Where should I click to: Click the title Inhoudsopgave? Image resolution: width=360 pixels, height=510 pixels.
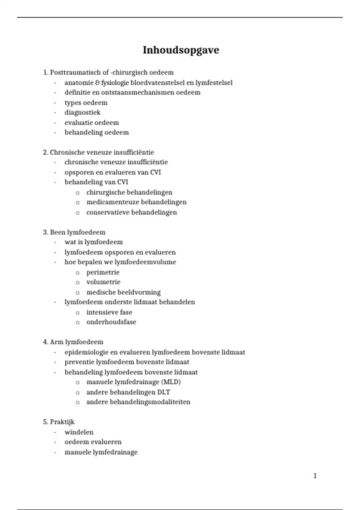pos(181,50)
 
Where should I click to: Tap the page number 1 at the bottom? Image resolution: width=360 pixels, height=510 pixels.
pos(315,476)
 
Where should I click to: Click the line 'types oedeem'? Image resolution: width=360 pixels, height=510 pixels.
pos(86,103)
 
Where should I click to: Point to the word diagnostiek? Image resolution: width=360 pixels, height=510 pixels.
pos(82,112)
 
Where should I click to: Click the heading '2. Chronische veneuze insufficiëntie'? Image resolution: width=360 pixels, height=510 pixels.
pos(98,152)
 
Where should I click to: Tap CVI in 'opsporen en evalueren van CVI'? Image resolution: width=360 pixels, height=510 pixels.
pos(155,172)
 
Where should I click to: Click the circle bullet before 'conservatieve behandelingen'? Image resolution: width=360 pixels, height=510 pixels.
pos(78,213)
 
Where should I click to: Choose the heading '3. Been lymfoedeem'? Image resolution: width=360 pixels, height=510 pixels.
pos(74,232)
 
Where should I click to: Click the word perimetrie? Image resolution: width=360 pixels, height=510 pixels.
pos(103,272)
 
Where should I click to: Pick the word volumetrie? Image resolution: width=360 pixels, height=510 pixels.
pos(103,282)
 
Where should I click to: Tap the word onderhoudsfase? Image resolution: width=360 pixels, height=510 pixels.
pos(111,322)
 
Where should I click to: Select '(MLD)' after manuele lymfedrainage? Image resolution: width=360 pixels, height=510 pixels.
pos(171,382)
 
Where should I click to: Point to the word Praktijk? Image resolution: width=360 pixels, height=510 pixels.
pos(62,422)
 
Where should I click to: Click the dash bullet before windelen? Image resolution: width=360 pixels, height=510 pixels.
pos(55,433)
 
